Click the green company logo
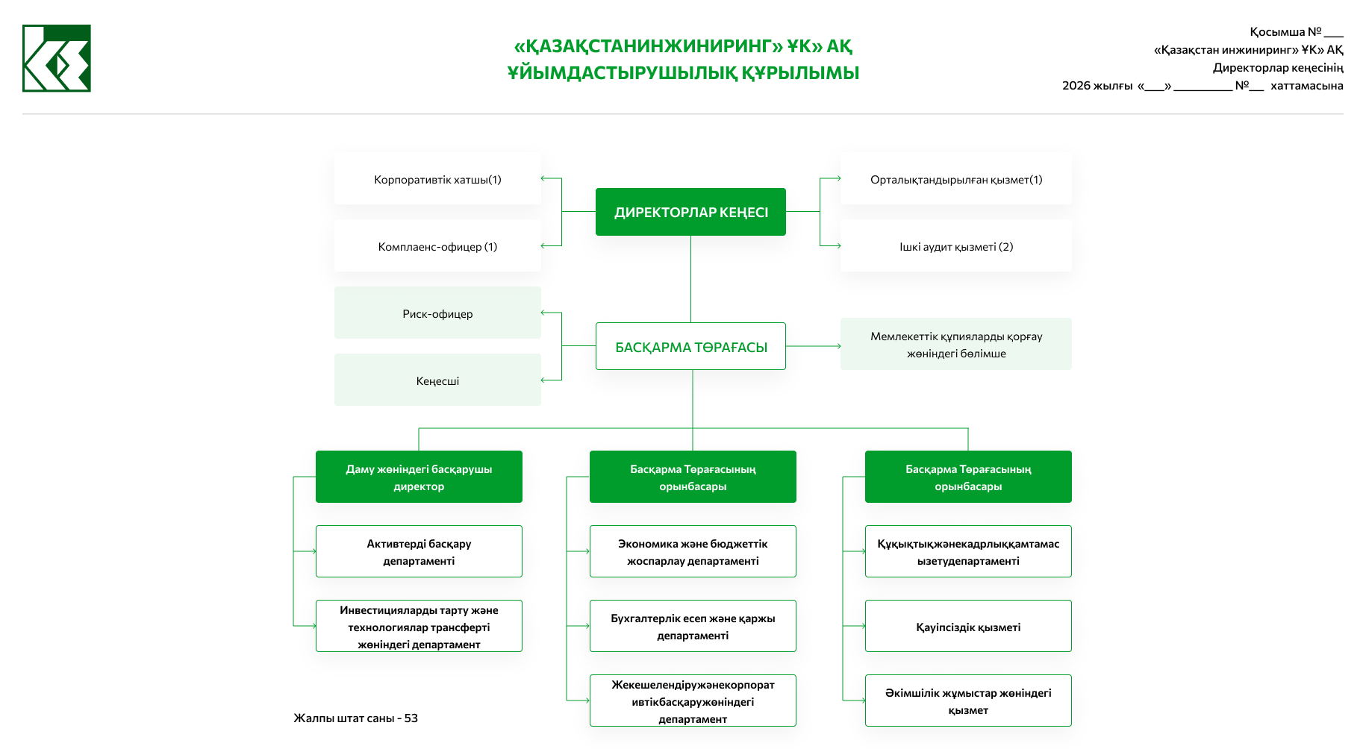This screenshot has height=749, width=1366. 57,58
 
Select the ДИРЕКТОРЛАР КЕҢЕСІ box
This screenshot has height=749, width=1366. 690,212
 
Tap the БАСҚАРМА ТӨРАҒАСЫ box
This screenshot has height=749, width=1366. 690,346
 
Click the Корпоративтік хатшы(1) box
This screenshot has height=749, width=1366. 437,179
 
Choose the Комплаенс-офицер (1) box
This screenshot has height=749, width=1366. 437,246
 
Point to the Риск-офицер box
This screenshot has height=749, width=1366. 437,313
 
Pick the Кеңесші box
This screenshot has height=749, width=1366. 437,380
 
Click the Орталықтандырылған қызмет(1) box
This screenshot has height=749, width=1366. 956,179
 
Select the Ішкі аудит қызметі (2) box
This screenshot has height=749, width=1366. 956,246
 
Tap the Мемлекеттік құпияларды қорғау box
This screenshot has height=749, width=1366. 956,344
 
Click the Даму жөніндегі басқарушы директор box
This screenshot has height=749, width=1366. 419,477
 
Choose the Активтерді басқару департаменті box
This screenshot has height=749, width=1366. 419,551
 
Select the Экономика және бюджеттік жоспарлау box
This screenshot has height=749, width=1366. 693,551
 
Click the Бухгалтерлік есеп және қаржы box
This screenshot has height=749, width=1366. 693,626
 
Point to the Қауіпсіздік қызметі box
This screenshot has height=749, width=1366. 968,627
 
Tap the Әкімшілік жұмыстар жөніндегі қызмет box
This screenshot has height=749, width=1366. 968,701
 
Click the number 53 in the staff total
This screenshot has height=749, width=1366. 411,718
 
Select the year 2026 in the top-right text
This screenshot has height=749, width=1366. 1076,86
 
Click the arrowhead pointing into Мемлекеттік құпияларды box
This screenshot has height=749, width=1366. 838,346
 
